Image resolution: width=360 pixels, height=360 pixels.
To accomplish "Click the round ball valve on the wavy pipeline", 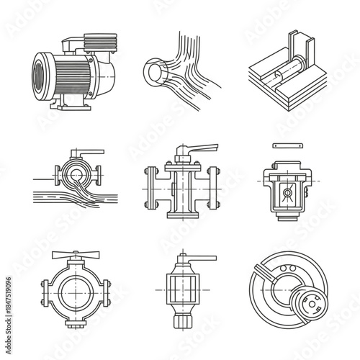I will tap(72, 173).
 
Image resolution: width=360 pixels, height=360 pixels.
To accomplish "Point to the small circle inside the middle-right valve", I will tap(287, 193).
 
